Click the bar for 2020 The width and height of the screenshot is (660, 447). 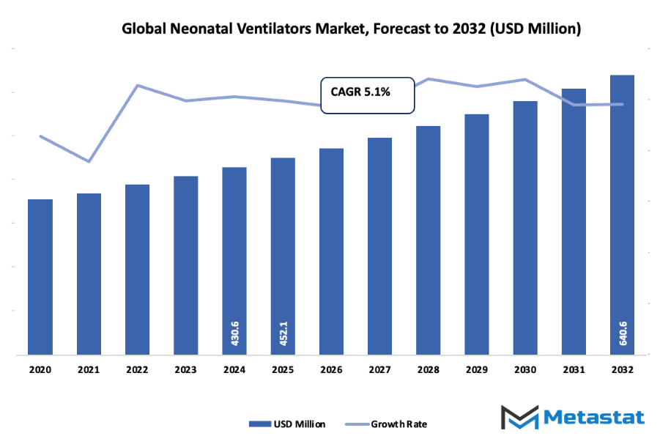pyautogui.click(x=40, y=277)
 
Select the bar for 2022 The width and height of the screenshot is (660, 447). pyautogui.click(x=137, y=270)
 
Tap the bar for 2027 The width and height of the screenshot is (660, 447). pyautogui.click(x=379, y=246)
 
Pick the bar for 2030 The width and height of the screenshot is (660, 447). pyautogui.click(x=525, y=228)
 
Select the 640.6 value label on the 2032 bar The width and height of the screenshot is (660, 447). pyautogui.click(x=623, y=334)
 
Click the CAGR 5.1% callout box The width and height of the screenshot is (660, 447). pyautogui.click(x=367, y=93)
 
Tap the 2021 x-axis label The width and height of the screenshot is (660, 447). pyautogui.click(x=89, y=371)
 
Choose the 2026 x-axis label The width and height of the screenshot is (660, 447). pyautogui.click(x=331, y=371)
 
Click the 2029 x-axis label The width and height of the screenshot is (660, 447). pyautogui.click(x=477, y=371)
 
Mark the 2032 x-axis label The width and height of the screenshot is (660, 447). pyautogui.click(x=623, y=371)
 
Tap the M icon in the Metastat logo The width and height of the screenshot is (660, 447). pyautogui.click(x=519, y=418)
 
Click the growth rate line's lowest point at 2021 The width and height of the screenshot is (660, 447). pyautogui.click(x=89, y=161)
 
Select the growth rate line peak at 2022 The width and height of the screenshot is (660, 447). pyautogui.click(x=137, y=85)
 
